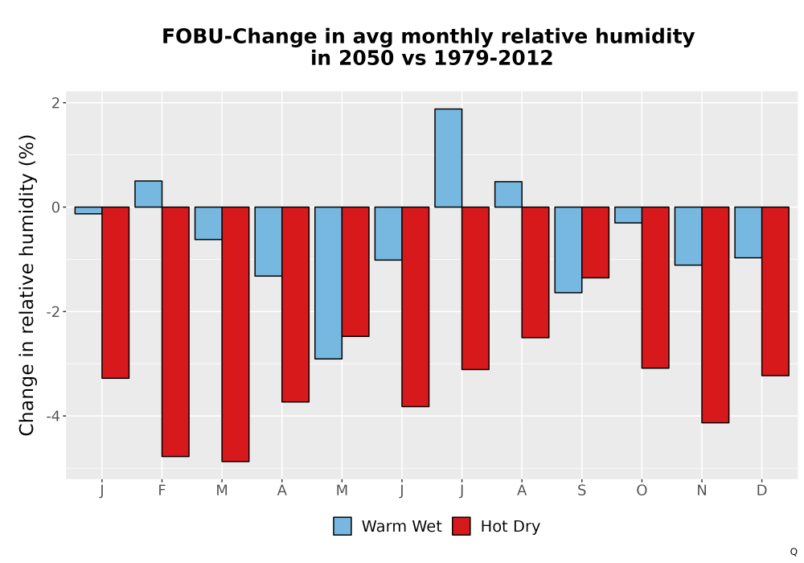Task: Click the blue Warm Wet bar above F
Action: click(148, 194)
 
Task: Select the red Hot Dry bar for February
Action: click(175, 331)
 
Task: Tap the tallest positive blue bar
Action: click(448, 158)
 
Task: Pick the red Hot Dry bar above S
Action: click(595, 243)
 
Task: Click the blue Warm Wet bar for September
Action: click(568, 249)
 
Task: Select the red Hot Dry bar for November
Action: click(716, 314)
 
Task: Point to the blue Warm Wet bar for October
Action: click(628, 215)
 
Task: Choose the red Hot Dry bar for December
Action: click(775, 291)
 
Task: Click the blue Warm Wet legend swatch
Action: click(342, 526)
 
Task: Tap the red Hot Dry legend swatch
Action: click(461, 526)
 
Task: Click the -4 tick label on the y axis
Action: click(53, 416)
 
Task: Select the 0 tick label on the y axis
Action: click(55, 208)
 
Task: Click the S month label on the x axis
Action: click(581, 491)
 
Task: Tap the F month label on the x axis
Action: click(162, 491)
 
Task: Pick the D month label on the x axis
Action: click(762, 491)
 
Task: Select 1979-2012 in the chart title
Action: click(494, 58)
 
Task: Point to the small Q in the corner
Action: click(794, 552)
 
